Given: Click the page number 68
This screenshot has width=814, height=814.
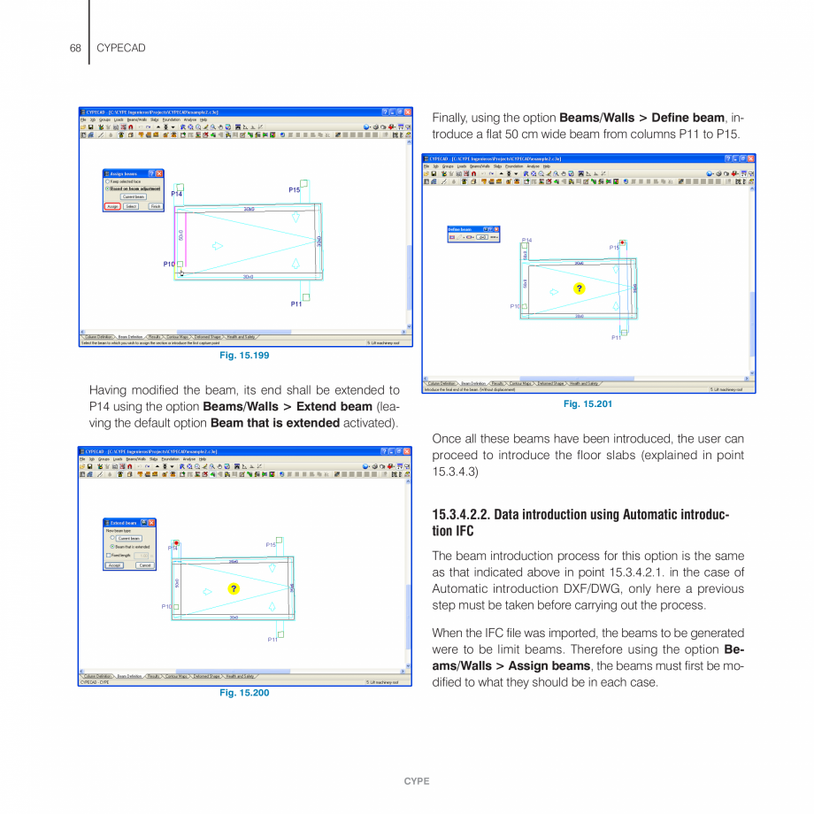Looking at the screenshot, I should tap(75, 48).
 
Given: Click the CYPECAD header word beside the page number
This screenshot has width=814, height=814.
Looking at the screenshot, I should tap(120, 48).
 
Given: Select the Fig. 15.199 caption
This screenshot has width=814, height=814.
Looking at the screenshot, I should tap(244, 356).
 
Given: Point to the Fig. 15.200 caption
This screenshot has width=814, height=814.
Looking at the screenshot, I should tap(244, 693).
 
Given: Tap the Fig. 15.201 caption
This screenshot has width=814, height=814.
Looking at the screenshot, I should tap(587, 404).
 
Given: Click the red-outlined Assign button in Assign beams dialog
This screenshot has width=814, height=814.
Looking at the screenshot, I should tap(112, 206).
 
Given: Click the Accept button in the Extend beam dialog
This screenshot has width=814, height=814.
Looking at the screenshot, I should tap(115, 564).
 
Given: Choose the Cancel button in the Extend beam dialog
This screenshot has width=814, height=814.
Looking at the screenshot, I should tap(144, 564).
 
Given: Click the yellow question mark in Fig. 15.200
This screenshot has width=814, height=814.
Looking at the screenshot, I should tap(234, 589).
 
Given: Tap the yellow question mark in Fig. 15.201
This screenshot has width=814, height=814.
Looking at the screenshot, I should tap(580, 288).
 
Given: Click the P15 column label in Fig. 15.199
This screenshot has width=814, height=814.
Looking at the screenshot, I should tap(294, 190).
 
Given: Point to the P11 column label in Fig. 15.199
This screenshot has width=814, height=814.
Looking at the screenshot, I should tap(296, 304).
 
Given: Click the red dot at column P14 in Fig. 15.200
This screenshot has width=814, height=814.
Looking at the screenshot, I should tap(177, 542).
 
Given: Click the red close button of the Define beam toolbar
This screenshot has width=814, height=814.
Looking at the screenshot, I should tap(496, 229).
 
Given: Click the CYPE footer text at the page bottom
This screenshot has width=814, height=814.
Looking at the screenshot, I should tap(417, 781).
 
